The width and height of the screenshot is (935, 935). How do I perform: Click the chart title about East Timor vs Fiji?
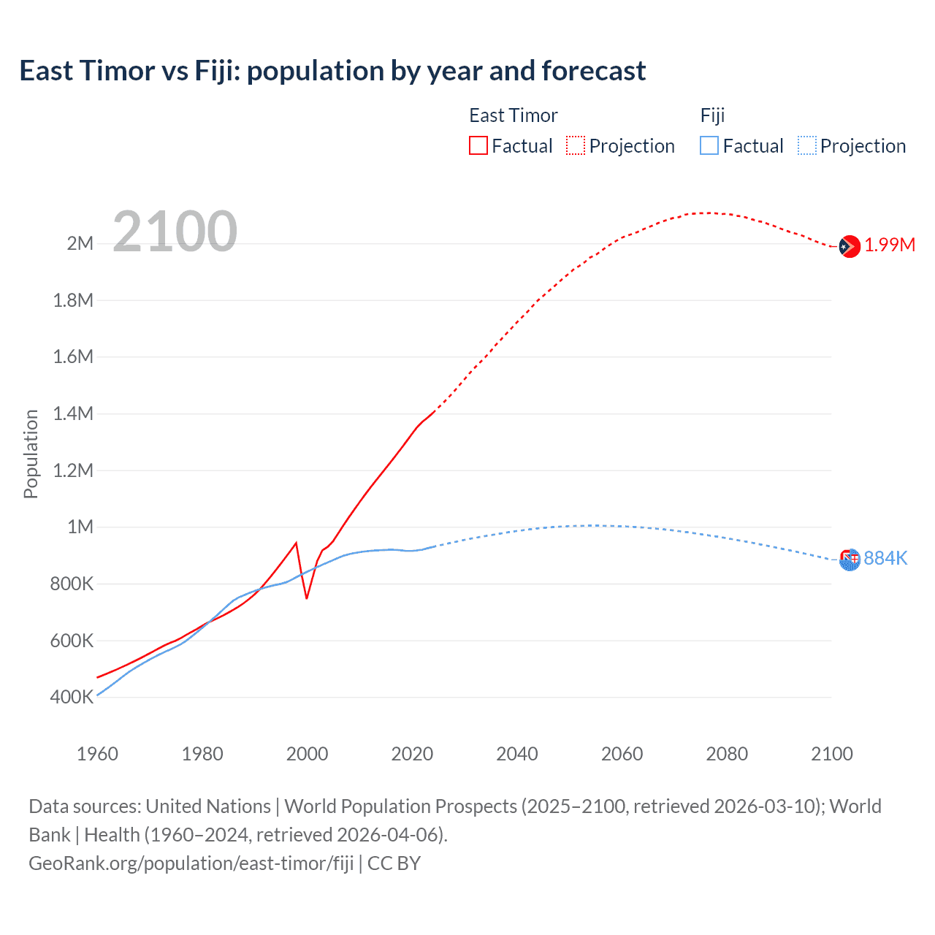point(332,71)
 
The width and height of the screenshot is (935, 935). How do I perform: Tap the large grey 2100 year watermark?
point(175,232)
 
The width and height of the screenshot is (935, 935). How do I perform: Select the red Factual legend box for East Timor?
point(478,145)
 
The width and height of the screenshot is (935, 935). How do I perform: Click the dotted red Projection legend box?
point(576,145)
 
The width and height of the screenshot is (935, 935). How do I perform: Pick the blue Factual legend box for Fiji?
point(709,145)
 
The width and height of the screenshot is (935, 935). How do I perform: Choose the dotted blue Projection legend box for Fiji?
point(807,145)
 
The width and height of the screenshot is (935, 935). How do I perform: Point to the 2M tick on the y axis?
point(80,243)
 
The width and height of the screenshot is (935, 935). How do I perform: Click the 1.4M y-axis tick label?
point(73,413)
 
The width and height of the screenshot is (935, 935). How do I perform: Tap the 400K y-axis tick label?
point(72,697)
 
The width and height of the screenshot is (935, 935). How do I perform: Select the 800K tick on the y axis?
point(72,584)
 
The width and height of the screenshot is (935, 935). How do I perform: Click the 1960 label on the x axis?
point(97,754)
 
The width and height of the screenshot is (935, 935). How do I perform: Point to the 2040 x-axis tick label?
point(517,754)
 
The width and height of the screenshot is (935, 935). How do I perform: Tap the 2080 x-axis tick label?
point(727,754)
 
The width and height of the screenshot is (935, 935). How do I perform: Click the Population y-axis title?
point(31,454)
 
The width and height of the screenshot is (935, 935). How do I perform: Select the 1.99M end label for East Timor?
point(889,245)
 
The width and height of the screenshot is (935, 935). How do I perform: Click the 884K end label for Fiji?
point(885,558)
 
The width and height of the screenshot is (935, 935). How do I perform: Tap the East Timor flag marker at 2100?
point(849,247)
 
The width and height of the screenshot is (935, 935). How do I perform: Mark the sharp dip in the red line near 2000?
point(307,598)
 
